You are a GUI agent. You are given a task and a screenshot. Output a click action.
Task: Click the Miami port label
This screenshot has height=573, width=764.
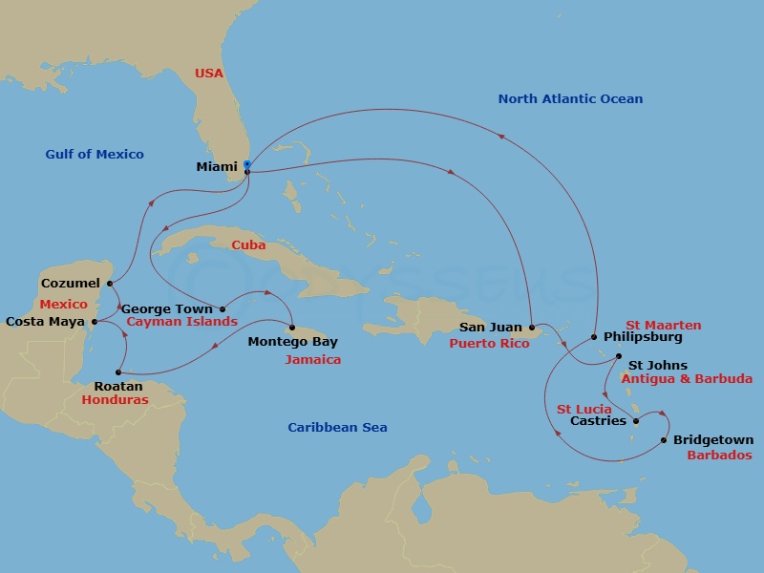[216, 167]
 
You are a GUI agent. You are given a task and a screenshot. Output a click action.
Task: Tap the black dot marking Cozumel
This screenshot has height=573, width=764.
[111, 284]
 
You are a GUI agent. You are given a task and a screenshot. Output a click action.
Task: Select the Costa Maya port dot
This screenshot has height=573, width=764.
[94, 322]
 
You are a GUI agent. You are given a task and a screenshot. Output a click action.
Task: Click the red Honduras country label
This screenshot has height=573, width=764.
[115, 400]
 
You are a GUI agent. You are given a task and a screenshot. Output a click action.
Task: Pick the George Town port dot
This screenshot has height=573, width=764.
[223, 308]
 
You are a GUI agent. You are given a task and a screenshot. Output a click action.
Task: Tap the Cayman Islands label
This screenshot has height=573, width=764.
[181, 322]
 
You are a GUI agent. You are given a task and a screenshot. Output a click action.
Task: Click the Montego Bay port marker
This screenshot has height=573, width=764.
[292, 329]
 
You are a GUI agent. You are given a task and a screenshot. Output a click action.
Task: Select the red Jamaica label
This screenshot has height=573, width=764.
[312, 360]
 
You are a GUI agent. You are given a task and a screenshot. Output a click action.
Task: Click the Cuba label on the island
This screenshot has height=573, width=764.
[248, 245]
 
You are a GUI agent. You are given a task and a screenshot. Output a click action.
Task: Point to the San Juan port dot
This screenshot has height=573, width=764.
[532, 328]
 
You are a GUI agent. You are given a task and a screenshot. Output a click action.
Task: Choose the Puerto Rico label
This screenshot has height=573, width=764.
[489, 343]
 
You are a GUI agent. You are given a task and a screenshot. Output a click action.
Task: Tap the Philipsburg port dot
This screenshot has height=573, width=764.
[594, 337]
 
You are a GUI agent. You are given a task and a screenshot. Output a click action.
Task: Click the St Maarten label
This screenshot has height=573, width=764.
[663, 326]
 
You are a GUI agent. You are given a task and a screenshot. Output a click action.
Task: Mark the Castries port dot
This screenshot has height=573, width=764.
[636, 420]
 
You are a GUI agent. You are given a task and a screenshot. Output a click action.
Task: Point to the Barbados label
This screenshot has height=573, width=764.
[719, 456]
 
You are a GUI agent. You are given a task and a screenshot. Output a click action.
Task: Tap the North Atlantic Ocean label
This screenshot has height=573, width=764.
[570, 99]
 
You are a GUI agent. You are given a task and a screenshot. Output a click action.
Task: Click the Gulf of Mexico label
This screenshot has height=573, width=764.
[95, 155]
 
